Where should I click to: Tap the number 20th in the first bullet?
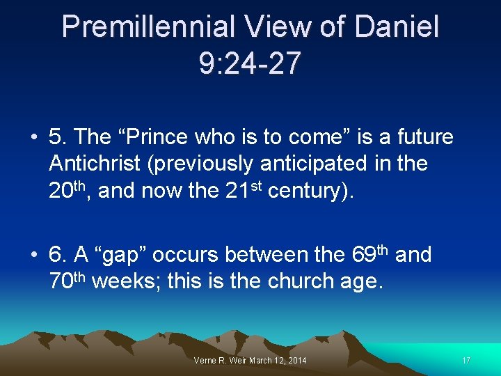coord(69,189)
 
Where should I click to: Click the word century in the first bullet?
coord(304,191)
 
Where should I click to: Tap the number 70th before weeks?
coord(67,281)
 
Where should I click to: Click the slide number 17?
coord(466,360)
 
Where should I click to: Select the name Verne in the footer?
coord(206,360)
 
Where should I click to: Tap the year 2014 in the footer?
coord(296,360)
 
